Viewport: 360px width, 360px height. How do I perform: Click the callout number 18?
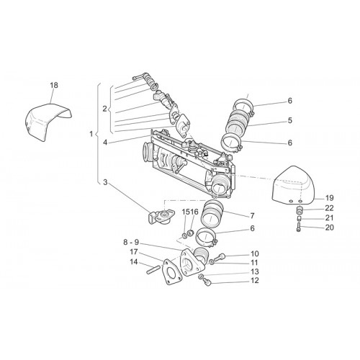(x=54, y=85)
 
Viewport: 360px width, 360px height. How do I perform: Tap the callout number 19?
(x=330, y=198)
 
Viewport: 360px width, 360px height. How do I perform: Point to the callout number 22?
(x=330, y=208)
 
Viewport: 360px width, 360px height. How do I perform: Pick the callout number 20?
(x=330, y=228)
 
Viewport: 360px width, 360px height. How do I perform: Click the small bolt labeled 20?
(x=299, y=227)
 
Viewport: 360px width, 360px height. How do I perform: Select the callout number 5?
(x=290, y=120)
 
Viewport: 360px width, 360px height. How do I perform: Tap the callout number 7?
(x=252, y=216)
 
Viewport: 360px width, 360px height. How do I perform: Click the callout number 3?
(x=105, y=182)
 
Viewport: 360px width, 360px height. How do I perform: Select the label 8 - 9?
(x=132, y=243)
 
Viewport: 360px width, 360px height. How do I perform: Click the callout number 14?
(x=134, y=262)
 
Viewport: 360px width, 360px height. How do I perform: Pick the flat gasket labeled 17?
(x=172, y=272)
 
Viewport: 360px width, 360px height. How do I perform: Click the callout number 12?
(x=254, y=280)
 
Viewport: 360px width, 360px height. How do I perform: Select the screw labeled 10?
(x=219, y=257)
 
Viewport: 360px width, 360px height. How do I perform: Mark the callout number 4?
(x=105, y=143)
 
